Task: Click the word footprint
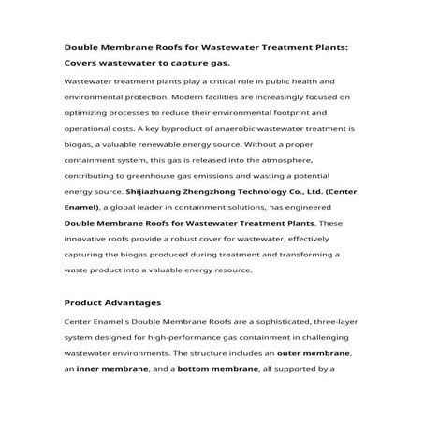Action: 304,110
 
